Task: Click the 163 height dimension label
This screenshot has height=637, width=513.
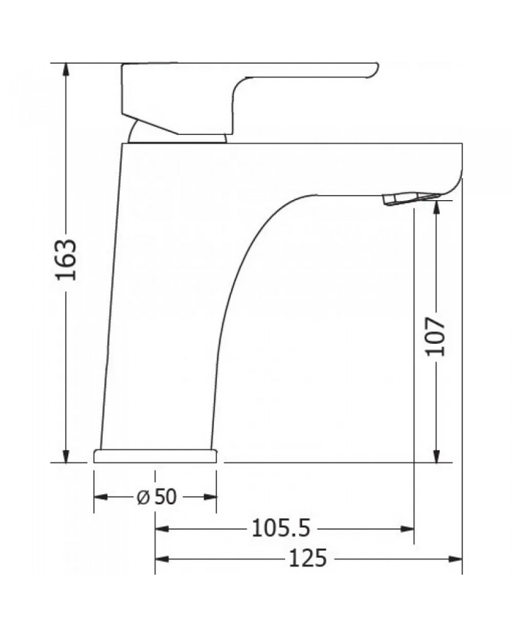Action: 67,260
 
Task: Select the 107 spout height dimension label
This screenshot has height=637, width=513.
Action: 436,336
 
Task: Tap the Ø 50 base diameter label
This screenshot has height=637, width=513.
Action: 156,496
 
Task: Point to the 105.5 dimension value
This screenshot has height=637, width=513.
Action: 281,528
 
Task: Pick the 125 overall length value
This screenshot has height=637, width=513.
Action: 307,559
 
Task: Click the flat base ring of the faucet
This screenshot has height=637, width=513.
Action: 155,456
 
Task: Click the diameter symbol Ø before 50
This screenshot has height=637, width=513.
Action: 144,496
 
